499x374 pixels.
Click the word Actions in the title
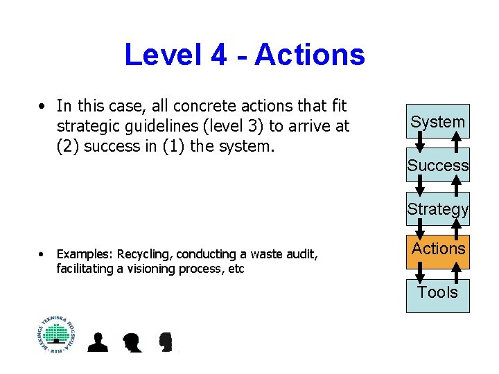coord(309,55)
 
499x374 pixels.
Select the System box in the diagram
coord(437,122)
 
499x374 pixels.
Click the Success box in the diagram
coord(437,166)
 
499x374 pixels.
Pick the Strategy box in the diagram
coord(437,208)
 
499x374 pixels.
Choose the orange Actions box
coord(437,249)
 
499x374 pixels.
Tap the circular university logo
coord(56,335)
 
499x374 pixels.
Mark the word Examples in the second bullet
coord(85,255)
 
